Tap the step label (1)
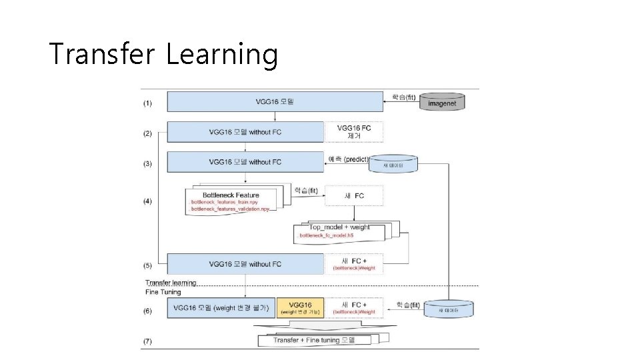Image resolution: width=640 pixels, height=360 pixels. pos(147,103)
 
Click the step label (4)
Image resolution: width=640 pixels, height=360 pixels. pos(147,200)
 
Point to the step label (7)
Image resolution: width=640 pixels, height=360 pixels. pos(147,341)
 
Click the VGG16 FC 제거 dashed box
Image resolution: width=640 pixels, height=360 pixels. pos(354,131)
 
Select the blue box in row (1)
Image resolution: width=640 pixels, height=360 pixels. pos(275,102)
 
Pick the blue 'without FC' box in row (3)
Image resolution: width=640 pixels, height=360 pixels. pos(245,161)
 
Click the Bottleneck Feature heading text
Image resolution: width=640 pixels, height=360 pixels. pos(230,195)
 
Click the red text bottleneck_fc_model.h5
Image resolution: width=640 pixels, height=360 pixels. pos(327,235)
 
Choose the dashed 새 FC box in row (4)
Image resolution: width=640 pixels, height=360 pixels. pos(353,195)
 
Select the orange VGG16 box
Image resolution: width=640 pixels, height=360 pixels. pos(300,307)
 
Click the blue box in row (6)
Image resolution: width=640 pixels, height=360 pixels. pos(221,307)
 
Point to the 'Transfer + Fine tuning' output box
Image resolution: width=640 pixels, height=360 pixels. pos(313,340)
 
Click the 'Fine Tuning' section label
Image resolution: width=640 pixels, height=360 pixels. pos(163,292)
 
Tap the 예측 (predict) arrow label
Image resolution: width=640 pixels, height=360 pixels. pos(348,159)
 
